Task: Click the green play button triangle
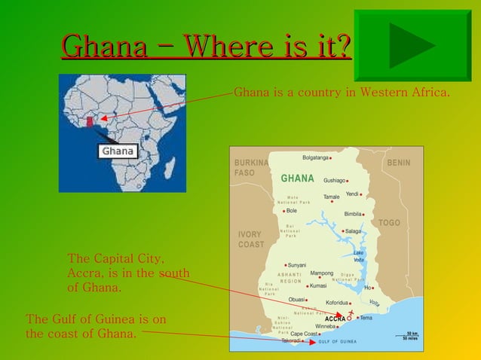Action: pos(411,46)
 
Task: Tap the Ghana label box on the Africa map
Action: pos(118,151)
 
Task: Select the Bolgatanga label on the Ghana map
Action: pos(315,157)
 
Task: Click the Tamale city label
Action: pos(332,197)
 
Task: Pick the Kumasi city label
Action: pos(317,286)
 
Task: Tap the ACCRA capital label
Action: pos(335,319)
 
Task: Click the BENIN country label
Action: pos(398,163)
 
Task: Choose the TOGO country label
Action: pos(389,223)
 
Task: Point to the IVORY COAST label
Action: pos(251,239)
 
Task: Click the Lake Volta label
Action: pos(359,256)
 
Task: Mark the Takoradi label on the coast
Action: pos(291,341)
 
